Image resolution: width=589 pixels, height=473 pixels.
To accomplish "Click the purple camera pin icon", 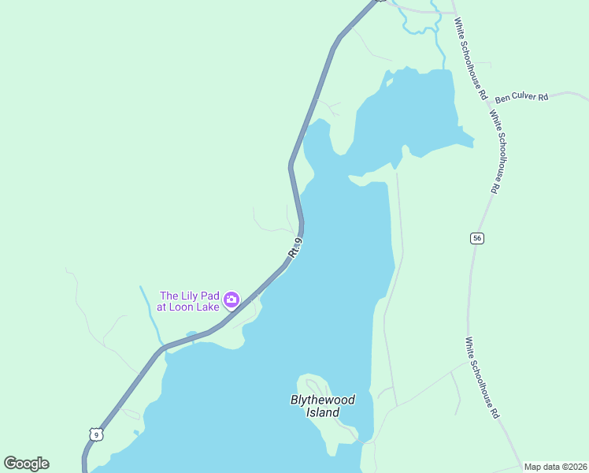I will [x=231, y=299].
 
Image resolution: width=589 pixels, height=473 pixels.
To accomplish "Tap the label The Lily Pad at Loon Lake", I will [x=189, y=300].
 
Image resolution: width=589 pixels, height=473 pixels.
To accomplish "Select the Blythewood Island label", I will [x=323, y=406].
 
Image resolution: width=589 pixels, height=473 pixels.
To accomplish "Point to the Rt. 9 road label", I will [x=295, y=249].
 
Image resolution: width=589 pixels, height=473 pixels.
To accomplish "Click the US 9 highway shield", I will [x=95, y=434].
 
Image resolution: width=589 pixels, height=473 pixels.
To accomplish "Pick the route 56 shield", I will [x=476, y=238].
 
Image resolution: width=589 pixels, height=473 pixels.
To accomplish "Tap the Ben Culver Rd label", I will [x=521, y=98].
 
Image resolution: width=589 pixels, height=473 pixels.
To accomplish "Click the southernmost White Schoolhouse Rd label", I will [x=482, y=378].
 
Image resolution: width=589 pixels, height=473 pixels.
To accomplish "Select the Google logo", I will [x=26, y=464].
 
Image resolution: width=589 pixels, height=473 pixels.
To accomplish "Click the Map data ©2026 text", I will [x=555, y=467].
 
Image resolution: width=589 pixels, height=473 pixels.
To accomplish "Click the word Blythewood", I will [x=323, y=400].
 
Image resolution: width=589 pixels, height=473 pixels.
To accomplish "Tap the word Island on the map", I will [x=323, y=412].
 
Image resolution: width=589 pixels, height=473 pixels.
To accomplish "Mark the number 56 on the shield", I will [x=476, y=238].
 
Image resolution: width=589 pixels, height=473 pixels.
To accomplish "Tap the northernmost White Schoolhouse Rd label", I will [x=470, y=59].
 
